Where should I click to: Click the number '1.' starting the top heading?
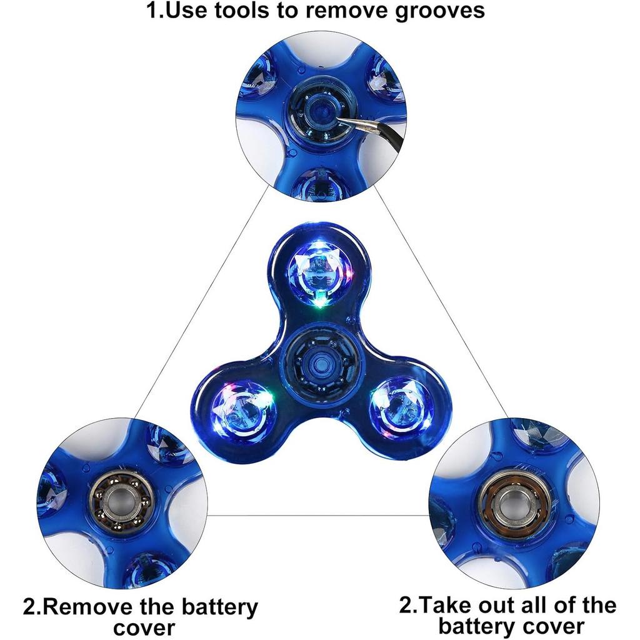154,11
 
